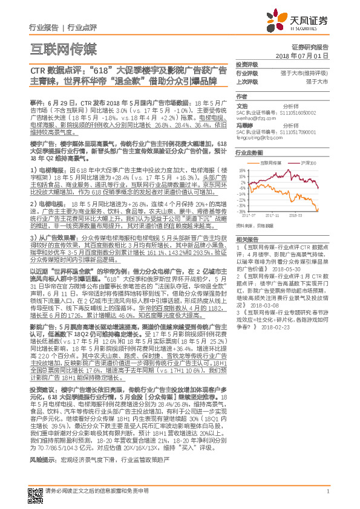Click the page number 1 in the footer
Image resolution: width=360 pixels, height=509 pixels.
click(x=327, y=491)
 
